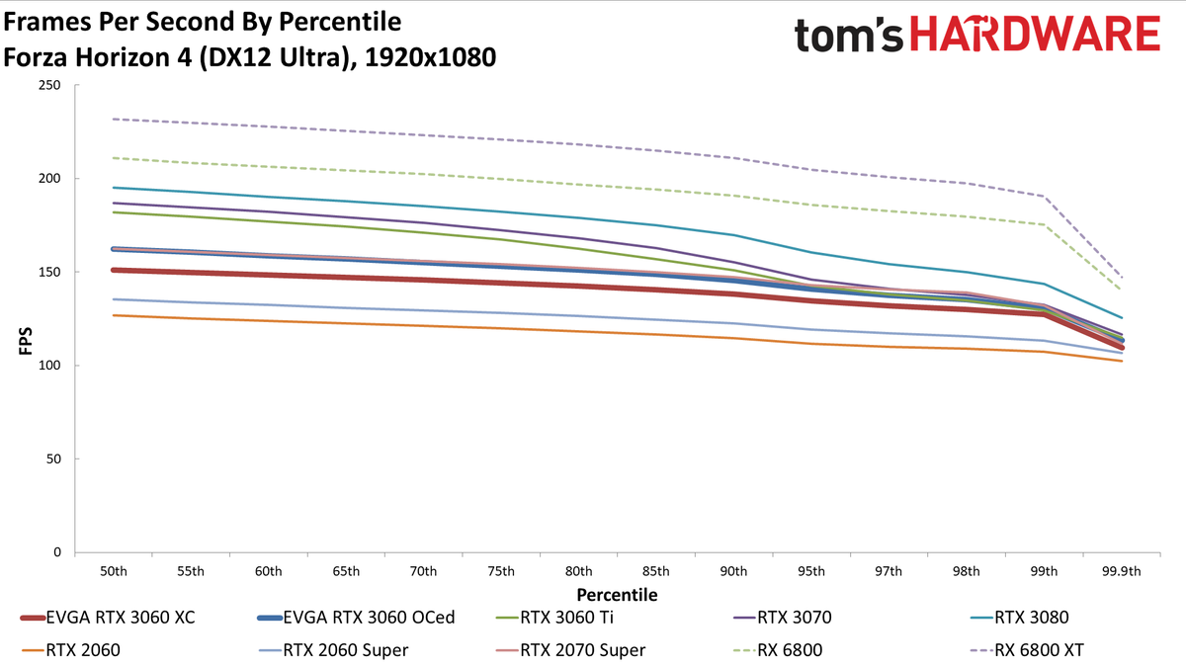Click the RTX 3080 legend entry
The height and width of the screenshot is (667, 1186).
(1020, 618)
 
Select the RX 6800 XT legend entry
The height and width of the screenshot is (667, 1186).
(1027, 650)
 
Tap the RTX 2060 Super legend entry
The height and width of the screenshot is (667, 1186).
(334, 650)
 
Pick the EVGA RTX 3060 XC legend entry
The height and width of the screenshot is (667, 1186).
(108, 618)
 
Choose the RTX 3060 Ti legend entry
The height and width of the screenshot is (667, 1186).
(554, 618)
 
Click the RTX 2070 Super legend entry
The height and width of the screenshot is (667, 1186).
(571, 650)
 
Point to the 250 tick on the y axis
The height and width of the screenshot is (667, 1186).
(49, 85)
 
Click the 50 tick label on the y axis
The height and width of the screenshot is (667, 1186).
(53, 459)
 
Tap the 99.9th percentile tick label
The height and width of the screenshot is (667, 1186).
(1122, 572)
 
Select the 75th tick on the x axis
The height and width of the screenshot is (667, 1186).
(501, 572)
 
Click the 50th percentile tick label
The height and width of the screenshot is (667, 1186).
(114, 572)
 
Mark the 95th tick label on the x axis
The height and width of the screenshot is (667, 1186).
(811, 572)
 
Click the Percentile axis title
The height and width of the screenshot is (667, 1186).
(617, 595)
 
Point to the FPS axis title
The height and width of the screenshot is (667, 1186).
(26, 342)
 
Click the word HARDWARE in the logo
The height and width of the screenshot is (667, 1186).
(1035, 34)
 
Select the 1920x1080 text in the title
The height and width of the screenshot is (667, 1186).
(431, 57)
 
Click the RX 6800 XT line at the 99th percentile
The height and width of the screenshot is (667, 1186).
(1044, 197)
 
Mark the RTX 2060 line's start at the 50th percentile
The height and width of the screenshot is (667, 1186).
(114, 315)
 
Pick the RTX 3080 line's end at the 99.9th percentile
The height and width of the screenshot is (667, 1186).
(1122, 318)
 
